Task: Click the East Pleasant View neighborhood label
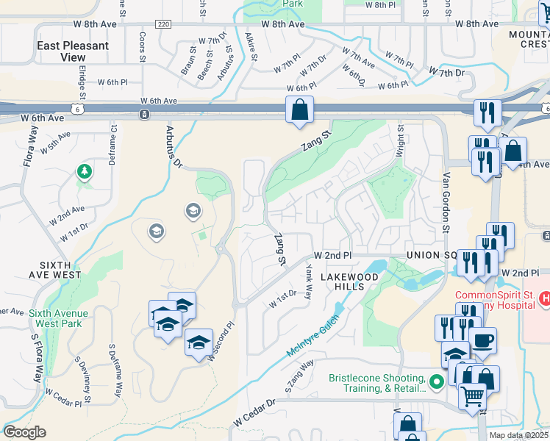pos(73,51)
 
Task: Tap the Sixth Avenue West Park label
pos(59,318)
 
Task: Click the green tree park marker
pos(85,172)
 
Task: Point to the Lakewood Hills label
pos(349,282)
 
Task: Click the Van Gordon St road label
pos(446,201)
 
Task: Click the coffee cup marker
pos(482,341)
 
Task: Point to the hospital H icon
pos(545,298)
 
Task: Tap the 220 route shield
pos(163,24)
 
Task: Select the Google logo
pos(24,431)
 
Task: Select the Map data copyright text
pos(518,435)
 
